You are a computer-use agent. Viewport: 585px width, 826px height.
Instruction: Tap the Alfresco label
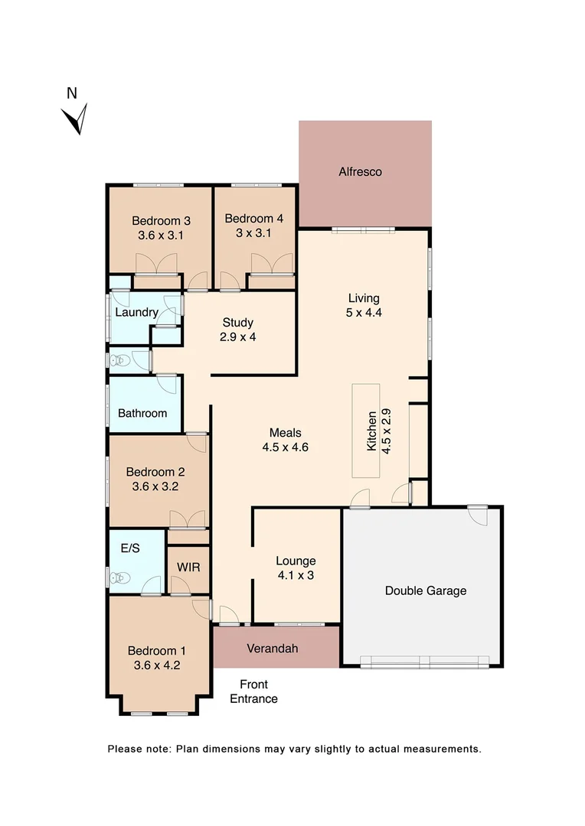click(360, 172)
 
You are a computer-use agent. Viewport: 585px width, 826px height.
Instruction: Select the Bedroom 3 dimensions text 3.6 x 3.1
click(161, 236)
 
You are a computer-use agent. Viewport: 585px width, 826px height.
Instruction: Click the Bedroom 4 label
click(254, 219)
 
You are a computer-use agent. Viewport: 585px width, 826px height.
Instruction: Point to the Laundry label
click(136, 312)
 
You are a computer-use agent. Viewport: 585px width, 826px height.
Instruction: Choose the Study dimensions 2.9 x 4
click(238, 337)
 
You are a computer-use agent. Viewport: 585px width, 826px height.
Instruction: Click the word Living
click(364, 298)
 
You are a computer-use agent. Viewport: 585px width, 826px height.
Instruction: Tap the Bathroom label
click(142, 413)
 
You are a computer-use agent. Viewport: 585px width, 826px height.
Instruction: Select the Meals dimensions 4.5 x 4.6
click(285, 447)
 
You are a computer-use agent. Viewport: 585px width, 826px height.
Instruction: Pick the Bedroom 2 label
click(155, 472)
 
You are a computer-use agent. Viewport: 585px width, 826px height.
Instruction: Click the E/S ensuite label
click(130, 548)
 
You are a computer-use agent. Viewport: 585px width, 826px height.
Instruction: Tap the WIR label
click(188, 567)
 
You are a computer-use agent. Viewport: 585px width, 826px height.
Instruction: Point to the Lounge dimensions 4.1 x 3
click(296, 576)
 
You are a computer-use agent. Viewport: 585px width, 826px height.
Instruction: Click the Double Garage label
click(426, 590)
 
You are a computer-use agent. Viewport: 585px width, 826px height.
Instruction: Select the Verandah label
click(272, 649)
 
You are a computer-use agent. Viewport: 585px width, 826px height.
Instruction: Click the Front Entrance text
click(253, 691)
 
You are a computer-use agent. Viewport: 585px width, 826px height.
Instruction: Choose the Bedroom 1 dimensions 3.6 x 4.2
click(156, 665)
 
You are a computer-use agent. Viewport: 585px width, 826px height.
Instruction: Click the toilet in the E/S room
click(119, 578)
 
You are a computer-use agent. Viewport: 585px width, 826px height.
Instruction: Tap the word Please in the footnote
click(125, 749)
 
